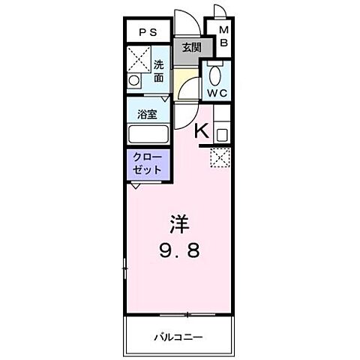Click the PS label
(147, 32)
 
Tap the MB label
(223, 37)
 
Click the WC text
(217, 92)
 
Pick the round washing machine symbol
(135, 79)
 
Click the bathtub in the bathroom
(148, 136)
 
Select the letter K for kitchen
(201, 132)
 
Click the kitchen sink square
(222, 135)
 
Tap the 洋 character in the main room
(178, 224)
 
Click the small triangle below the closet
(133, 187)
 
